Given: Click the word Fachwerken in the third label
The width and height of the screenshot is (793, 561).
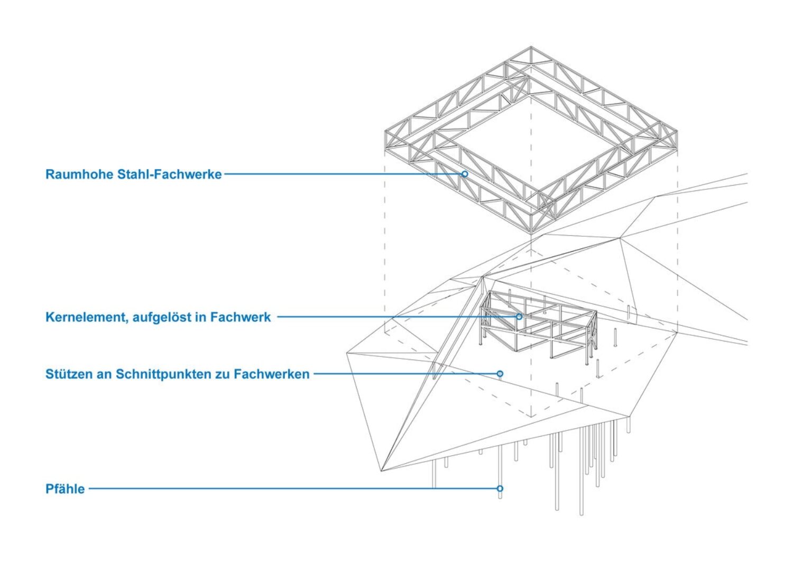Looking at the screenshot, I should pyautogui.click(x=271, y=374).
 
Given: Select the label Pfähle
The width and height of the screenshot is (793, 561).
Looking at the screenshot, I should pyautogui.click(x=65, y=489).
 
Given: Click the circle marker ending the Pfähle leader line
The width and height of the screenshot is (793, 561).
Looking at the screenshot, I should pyautogui.click(x=500, y=489).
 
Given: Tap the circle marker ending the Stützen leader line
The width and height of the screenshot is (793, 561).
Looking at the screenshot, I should pyautogui.click(x=500, y=374).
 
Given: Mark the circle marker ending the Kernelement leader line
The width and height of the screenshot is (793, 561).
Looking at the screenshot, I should pyautogui.click(x=519, y=317).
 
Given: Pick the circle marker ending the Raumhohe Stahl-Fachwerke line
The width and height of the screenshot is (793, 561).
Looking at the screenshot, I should pyautogui.click(x=465, y=173).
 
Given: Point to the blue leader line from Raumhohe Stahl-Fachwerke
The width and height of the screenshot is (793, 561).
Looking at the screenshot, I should pyautogui.click(x=344, y=173).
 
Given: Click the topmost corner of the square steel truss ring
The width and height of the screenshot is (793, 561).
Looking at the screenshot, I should pyautogui.click(x=531, y=48).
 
